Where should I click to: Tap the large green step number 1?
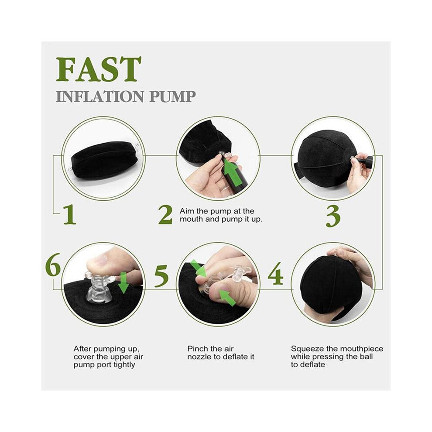click(x=69, y=214)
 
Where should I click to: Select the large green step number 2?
click(x=165, y=215)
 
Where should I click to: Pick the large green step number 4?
click(x=275, y=273)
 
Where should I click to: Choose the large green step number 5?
click(x=161, y=276)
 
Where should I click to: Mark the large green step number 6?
click(x=53, y=264)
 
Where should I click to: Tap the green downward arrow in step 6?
click(x=123, y=282)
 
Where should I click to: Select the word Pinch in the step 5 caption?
click(x=197, y=349)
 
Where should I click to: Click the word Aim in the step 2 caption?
click(x=186, y=211)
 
